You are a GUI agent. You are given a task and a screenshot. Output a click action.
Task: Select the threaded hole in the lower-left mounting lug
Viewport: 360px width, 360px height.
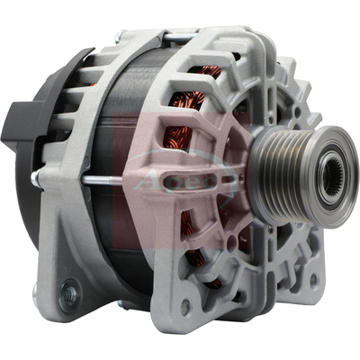(x=68, y=292)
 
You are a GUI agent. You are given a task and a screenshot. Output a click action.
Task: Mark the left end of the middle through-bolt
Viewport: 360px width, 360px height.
(x=36, y=178)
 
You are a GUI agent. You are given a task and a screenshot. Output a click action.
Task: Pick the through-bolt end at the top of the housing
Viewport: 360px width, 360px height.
(x=170, y=37)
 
